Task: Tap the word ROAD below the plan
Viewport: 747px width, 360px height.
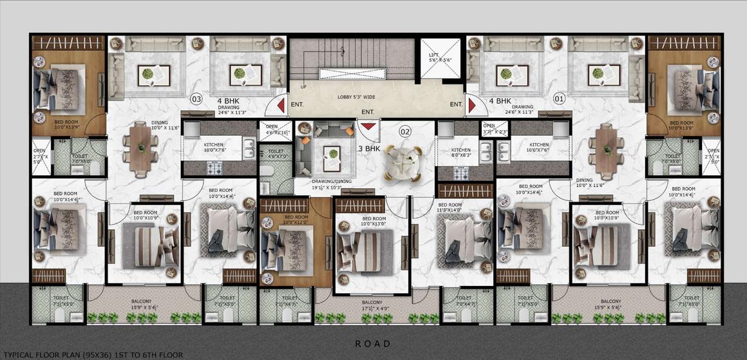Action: [x=373, y=343]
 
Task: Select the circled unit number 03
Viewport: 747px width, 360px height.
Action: [x=196, y=99]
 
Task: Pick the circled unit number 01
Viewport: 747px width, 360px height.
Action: [x=558, y=99]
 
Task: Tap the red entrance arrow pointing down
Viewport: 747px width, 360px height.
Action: [x=368, y=124]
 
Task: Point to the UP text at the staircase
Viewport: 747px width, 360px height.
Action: [x=303, y=86]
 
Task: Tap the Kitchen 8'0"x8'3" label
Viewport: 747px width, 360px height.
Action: [x=461, y=152]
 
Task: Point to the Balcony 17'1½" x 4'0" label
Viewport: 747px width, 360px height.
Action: [x=372, y=305]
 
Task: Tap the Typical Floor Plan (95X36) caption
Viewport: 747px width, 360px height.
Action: [x=92, y=354]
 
